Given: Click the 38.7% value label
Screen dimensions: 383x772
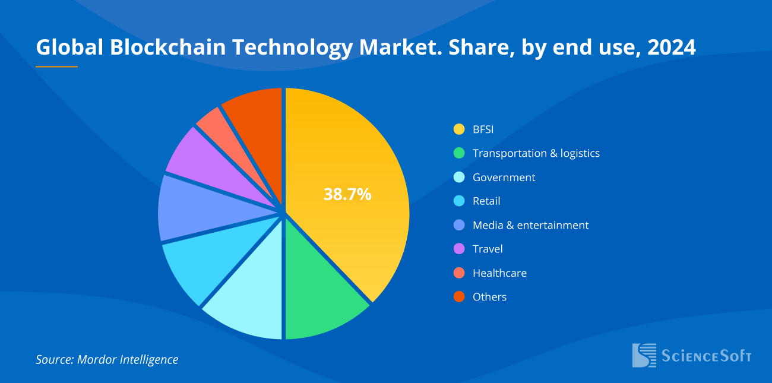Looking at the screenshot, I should pos(347,194).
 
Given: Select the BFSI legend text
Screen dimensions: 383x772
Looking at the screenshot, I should pos(483,129).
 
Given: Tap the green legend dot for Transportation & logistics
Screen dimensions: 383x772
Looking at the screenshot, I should pos(458,153).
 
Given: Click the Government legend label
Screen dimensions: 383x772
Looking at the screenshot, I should pos(504,178).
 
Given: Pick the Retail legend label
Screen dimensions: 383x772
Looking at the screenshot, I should pos(486,201).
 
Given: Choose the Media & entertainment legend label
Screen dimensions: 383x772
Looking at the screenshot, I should pos(530,225).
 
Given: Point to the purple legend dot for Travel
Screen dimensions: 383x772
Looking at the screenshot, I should pos(458,249).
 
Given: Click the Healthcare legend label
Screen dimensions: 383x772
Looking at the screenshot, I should pos(499,273).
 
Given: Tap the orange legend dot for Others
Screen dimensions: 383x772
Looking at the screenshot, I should pos(458,297).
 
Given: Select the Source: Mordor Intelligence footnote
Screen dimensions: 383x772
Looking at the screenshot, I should pos(107,359).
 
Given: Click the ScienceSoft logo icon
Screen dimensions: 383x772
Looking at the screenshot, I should pos(644,355).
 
